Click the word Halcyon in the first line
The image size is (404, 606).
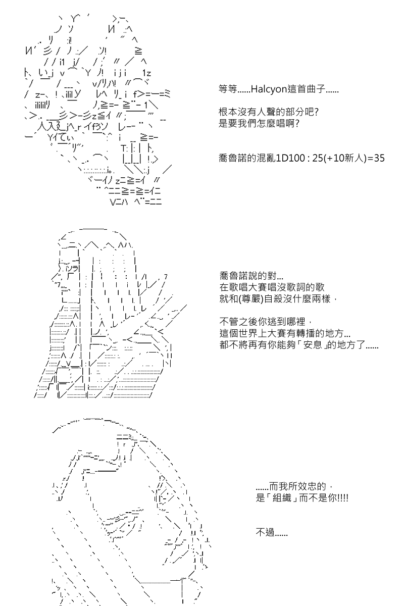pos(269,89)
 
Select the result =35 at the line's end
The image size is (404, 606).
pos(376,158)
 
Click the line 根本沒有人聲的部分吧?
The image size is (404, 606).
pos(269,112)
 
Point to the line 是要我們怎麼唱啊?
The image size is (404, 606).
pos(259,123)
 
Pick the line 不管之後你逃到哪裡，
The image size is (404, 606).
pos(266,322)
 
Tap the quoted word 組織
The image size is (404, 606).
pos(282,498)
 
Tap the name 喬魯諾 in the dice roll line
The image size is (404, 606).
pos(233,158)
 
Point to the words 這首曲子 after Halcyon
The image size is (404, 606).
pos(306,89)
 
